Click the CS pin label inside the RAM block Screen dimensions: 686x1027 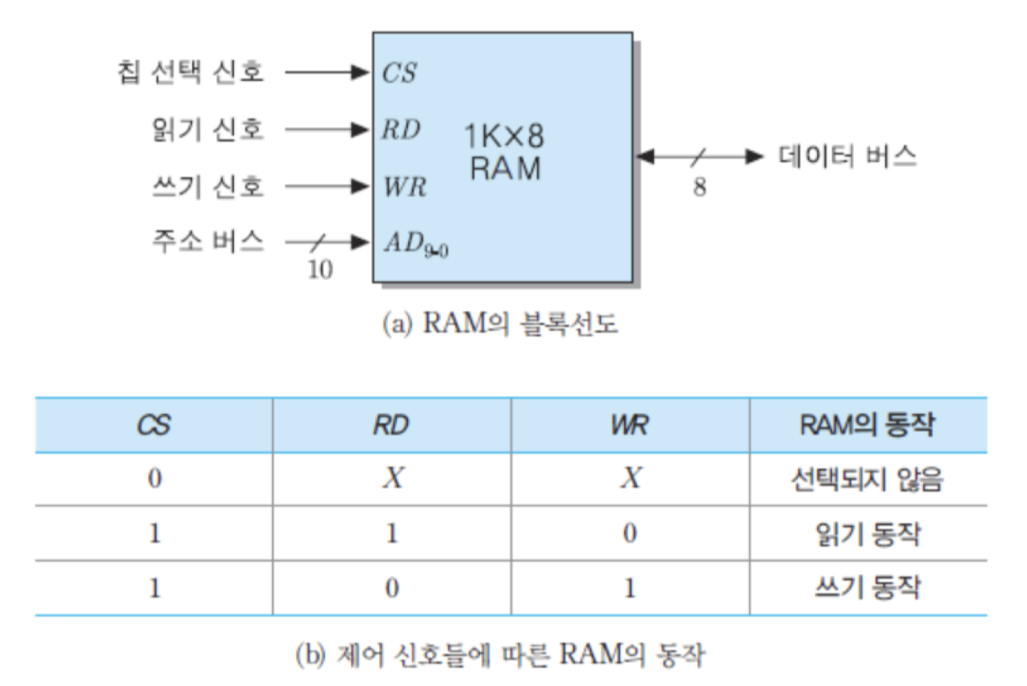[x=399, y=72]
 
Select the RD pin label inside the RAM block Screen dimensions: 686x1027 [x=401, y=130]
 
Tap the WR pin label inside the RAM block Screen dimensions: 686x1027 [x=404, y=186]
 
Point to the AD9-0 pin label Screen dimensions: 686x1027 [x=416, y=244]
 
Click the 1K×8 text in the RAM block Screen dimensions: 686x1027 [x=505, y=136]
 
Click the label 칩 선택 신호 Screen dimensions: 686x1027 [x=191, y=72]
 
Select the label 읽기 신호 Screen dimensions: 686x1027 [x=208, y=129]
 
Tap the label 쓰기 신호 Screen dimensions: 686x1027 [x=208, y=186]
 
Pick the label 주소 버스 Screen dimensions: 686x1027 [x=208, y=241]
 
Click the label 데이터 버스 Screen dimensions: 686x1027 [x=848, y=156]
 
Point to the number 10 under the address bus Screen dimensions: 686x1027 [x=320, y=269]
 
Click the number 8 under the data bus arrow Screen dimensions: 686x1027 [x=700, y=187]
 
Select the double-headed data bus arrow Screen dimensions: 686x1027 [x=700, y=156]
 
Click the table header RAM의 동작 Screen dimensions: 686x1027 [x=867, y=425]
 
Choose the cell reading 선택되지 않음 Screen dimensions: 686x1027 [x=867, y=479]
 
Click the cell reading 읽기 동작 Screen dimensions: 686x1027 [x=867, y=534]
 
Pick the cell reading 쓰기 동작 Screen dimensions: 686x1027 [x=867, y=588]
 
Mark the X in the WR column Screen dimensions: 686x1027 [x=631, y=478]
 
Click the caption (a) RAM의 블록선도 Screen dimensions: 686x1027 [x=500, y=324]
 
